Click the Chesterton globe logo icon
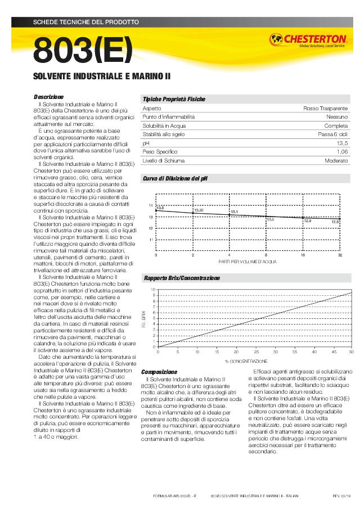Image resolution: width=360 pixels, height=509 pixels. pyautogui.click(x=277, y=39)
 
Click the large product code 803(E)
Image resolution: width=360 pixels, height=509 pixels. pyautogui.click(x=83, y=51)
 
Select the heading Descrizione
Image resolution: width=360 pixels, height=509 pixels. pyautogui.click(x=48, y=97)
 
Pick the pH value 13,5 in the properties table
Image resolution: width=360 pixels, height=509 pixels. pyautogui.click(x=342, y=143)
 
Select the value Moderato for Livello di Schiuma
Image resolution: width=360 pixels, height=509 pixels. pyautogui.click(x=336, y=161)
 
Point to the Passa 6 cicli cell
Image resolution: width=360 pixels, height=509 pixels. pyautogui.click(x=332, y=134)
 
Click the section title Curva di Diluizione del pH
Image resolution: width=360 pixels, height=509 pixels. pyautogui.click(x=175, y=178)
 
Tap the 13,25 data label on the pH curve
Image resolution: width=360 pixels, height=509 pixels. pyautogui.click(x=199, y=210)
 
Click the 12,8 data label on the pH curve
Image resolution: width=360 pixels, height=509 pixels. pyautogui.click(x=335, y=222)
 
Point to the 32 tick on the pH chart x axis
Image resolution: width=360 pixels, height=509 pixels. pyautogui.click(x=340, y=255)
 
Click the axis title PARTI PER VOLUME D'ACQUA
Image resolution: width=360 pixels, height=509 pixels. pyautogui.click(x=247, y=262)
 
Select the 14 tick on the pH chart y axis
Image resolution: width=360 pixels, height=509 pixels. pyautogui.click(x=151, y=205)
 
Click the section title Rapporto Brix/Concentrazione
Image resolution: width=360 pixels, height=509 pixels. pyautogui.click(x=182, y=278)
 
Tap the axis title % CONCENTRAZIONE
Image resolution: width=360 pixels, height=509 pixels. pyautogui.click(x=246, y=361)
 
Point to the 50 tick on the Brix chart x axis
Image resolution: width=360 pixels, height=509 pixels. pyautogui.click(x=352, y=352)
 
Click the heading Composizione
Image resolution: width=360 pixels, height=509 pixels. pyautogui.click(x=159, y=372)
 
